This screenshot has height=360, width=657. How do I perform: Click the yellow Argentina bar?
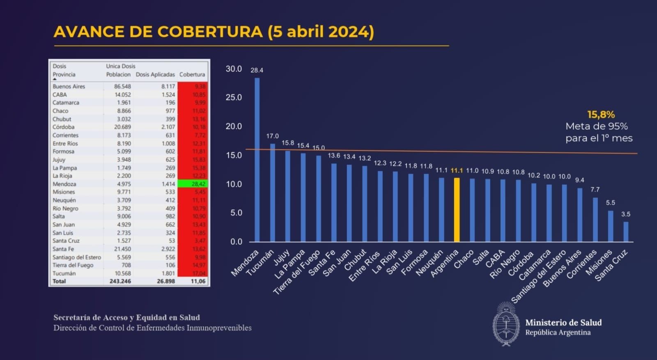(x=457, y=210)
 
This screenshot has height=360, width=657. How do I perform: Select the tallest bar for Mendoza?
(x=257, y=160)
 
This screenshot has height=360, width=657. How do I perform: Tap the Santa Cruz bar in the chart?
(x=626, y=232)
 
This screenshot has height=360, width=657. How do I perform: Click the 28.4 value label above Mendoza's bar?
(x=257, y=70)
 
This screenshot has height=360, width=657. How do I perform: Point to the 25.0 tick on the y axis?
(x=234, y=98)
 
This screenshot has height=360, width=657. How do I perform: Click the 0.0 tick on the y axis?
(x=236, y=242)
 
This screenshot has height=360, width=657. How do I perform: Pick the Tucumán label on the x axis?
(x=260, y=263)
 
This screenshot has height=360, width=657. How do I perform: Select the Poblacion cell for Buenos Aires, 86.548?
(x=122, y=86)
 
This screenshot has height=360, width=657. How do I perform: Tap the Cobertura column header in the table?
(x=192, y=74)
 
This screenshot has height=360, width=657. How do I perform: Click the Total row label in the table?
(x=59, y=281)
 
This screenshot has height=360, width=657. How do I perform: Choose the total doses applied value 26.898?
(x=166, y=281)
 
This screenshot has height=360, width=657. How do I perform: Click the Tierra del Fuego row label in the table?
(x=73, y=265)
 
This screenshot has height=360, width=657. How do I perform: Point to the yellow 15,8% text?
(x=601, y=115)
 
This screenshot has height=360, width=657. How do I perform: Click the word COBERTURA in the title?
(x=210, y=32)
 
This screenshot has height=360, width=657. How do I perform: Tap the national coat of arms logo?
(x=506, y=324)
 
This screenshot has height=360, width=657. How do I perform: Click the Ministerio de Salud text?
(x=563, y=323)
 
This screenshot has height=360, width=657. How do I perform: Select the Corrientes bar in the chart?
(x=595, y=220)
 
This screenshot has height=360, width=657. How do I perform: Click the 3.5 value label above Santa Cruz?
(x=625, y=214)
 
